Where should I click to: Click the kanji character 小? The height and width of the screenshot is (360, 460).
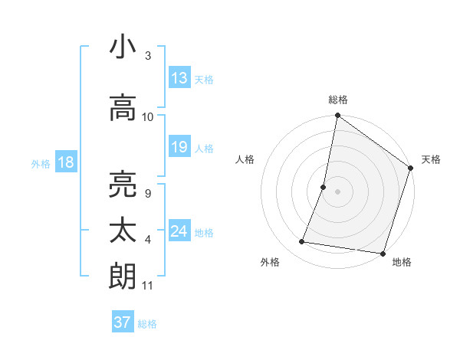pos(123,47)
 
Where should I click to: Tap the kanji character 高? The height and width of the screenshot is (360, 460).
pos(123,108)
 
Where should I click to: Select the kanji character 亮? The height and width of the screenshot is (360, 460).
pos(123,185)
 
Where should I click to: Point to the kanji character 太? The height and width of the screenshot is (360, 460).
pos(123,231)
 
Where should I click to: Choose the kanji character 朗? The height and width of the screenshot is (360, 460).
pos(123,276)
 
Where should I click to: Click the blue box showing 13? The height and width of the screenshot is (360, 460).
pos(179,77)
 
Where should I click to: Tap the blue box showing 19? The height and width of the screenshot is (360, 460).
pos(179,147)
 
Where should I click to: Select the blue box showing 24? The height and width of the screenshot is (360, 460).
pos(179,231)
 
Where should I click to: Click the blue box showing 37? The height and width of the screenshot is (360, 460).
pos(123,322)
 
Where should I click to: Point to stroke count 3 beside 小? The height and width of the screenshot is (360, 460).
pos(148,56)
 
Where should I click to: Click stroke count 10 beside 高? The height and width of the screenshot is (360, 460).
pos(148,117)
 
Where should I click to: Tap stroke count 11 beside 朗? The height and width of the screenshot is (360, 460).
pos(148,286)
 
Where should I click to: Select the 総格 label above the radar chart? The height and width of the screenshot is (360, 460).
pos(338,100)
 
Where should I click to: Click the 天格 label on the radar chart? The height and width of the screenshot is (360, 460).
pos(431,159)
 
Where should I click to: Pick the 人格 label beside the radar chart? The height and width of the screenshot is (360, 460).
pos(245,159)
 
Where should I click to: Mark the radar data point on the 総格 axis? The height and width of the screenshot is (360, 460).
pos(337,116)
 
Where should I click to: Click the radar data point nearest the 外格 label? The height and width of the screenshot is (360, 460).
pos(301,242)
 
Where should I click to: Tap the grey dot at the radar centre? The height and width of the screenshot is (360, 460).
pos(337,191)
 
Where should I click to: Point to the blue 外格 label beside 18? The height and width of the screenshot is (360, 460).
pos(41,163)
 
